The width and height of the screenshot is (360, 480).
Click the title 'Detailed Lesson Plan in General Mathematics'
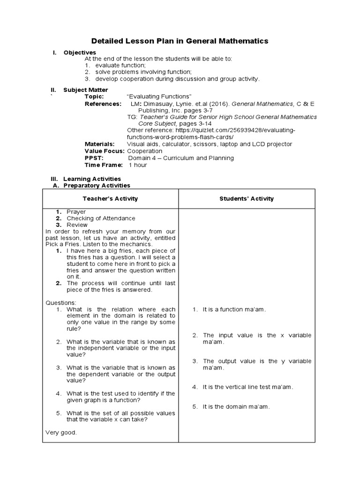pyautogui.click(x=180, y=41)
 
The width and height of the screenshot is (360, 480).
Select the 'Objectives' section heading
pyautogui.click(x=80, y=52)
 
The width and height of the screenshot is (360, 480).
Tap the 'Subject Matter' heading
pyautogui.click(x=85, y=90)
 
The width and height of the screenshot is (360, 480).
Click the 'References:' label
pyautogui.click(x=103, y=104)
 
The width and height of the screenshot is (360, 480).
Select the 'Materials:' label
pyautogui.click(x=99, y=144)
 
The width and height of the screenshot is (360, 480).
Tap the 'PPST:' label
pyautogui.click(x=93, y=158)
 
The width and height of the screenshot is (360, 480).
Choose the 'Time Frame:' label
pyautogui.click(x=104, y=165)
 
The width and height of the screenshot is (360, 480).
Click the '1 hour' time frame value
pyautogui.click(x=138, y=165)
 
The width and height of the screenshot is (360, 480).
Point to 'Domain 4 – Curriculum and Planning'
pyautogui.click(x=181, y=158)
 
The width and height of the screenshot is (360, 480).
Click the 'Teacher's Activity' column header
pyautogui.click(x=110, y=199)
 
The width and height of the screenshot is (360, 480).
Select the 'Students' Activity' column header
pyautogui.click(x=247, y=199)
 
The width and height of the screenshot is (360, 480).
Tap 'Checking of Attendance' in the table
pyautogui.click(x=101, y=218)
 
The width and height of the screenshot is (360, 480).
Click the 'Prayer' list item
pyautogui.click(x=76, y=212)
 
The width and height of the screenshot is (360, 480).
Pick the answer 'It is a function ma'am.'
pyautogui.click(x=234, y=309)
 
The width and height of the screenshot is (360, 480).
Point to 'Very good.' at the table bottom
pyautogui.click(x=61, y=433)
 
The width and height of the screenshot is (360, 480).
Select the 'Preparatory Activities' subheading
pyautogui.click(x=97, y=186)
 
